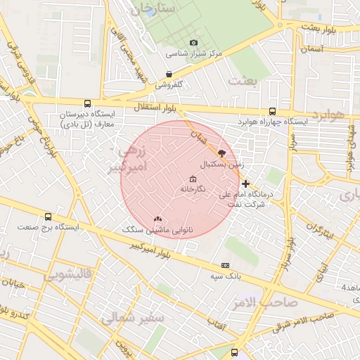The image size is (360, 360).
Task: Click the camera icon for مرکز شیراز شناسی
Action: [x=194, y=43]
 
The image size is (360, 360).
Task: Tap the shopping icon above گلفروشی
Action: [x=169, y=74]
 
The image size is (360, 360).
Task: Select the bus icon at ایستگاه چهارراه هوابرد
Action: [x=272, y=111]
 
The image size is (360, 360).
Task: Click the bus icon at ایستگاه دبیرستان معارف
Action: [x=87, y=103]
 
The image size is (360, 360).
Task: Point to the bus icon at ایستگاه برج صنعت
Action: [x=48, y=217]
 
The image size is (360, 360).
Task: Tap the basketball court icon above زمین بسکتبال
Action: [x=222, y=153]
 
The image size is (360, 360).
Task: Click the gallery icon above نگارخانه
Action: [x=193, y=179]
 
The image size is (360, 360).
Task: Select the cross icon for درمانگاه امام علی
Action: [x=245, y=183]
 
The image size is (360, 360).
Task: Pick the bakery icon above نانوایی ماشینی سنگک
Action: [x=157, y=219]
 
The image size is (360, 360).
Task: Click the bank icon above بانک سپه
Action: [x=225, y=265]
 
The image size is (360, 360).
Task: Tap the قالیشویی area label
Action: [x=67, y=276]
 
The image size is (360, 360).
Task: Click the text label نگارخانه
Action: [x=193, y=189]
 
